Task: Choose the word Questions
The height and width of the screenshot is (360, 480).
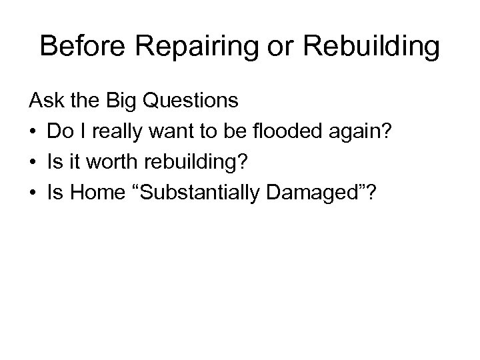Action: tap(191, 101)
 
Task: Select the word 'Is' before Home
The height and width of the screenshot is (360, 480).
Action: tap(55, 192)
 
